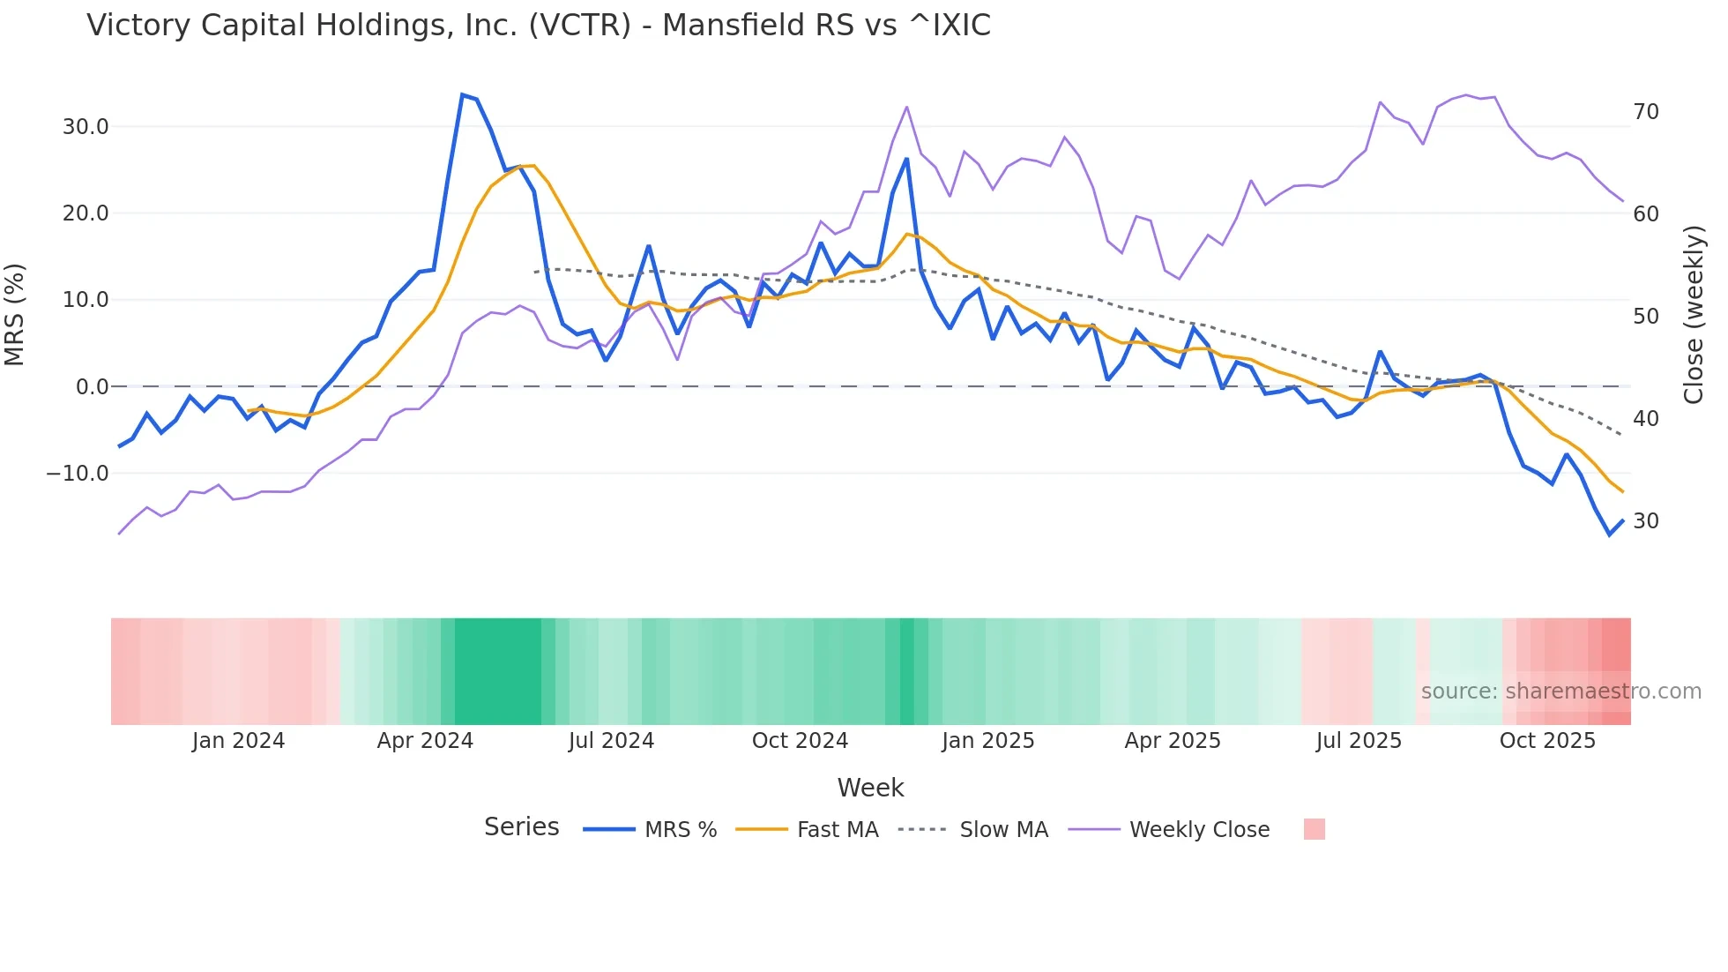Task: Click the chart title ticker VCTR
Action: (x=579, y=25)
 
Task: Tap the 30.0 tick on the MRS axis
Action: (x=85, y=126)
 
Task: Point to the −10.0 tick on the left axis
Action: (x=78, y=474)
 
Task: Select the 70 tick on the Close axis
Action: (x=1645, y=112)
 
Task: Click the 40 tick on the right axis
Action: (x=1645, y=419)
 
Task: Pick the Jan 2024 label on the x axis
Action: (x=238, y=741)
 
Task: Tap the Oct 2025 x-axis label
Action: (x=1547, y=741)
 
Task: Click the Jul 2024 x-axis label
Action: (x=611, y=741)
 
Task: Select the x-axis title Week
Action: (x=870, y=788)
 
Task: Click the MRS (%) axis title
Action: (x=15, y=314)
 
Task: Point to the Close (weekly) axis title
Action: (x=1693, y=315)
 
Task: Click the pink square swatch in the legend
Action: (x=1314, y=829)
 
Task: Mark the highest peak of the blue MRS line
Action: (x=462, y=94)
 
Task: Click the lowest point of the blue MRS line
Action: (x=1609, y=535)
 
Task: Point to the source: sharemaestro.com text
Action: (x=1560, y=692)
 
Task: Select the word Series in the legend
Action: (x=521, y=827)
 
